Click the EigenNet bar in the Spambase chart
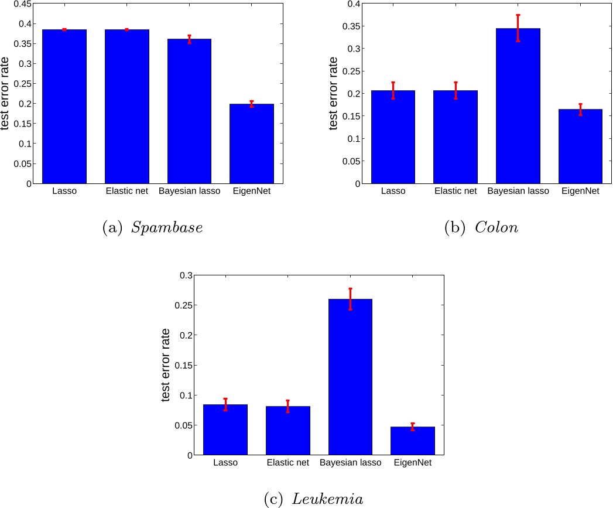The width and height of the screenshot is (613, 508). (251, 144)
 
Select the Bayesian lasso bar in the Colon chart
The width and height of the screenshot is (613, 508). (518, 106)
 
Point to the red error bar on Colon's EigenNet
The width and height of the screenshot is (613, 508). (580, 110)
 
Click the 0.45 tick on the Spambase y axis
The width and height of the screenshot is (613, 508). (20, 4)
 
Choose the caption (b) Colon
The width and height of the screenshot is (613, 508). (482, 228)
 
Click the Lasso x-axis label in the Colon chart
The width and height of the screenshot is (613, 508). (393, 191)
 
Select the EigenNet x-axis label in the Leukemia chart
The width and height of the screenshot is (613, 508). (413, 463)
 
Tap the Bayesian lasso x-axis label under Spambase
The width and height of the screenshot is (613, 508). (189, 191)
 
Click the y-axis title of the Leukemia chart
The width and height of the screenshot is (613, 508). (166, 365)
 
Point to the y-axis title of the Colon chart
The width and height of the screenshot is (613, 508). (333, 94)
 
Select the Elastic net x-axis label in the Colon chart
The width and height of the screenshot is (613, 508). (455, 191)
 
